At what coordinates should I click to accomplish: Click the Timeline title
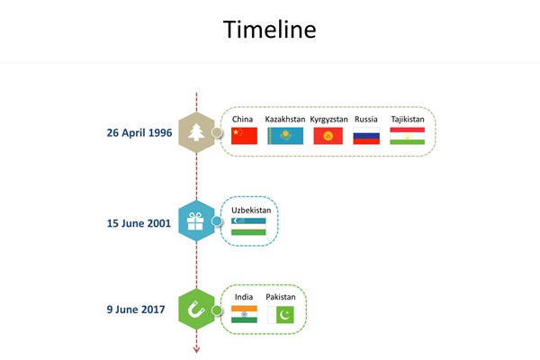click(x=270, y=29)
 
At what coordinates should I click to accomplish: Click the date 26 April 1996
click(x=139, y=132)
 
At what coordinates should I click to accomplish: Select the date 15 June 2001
click(x=139, y=223)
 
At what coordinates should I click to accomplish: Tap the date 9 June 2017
click(x=136, y=310)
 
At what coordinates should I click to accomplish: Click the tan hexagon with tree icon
click(x=196, y=132)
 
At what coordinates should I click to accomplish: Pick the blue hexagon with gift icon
click(x=196, y=220)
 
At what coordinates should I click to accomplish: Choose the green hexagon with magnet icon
click(x=196, y=309)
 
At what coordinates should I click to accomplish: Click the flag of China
click(x=244, y=136)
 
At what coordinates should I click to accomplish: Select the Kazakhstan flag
click(x=285, y=136)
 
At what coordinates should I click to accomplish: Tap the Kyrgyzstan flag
click(x=328, y=136)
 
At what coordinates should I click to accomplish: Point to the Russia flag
click(x=366, y=136)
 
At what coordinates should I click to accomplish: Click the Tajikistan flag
click(x=408, y=136)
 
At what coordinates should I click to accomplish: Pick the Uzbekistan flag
click(x=248, y=226)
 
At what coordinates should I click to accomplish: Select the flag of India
click(x=244, y=314)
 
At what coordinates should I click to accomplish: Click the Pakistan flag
click(x=281, y=315)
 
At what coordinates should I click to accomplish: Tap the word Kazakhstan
click(x=285, y=119)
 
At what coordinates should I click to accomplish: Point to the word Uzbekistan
click(x=251, y=210)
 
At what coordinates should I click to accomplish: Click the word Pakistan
click(x=281, y=297)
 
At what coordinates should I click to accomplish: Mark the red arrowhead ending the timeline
click(x=196, y=350)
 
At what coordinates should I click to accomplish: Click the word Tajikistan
click(x=408, y=120)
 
